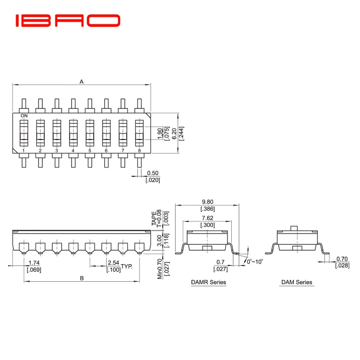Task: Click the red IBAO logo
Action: coord(68,21)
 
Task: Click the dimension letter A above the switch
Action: coord(81,82)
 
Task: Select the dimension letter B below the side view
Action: coord(81,278)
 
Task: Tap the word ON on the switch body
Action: coord(24,116)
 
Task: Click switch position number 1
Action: coord(23,150)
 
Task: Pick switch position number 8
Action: coord(139,150)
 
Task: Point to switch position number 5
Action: coord(90,150)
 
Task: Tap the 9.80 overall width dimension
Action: coord(207,202)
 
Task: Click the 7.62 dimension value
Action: coord(207,218)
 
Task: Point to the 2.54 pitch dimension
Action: coord(112,263)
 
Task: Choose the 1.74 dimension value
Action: coord(33,263)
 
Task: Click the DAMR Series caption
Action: coord(207,283)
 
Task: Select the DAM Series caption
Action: coord(297,283)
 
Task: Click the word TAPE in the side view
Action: coord(154,218)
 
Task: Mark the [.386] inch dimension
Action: coord(207,209)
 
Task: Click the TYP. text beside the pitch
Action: coord(126,266)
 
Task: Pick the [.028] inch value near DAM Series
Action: coord(342,266)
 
